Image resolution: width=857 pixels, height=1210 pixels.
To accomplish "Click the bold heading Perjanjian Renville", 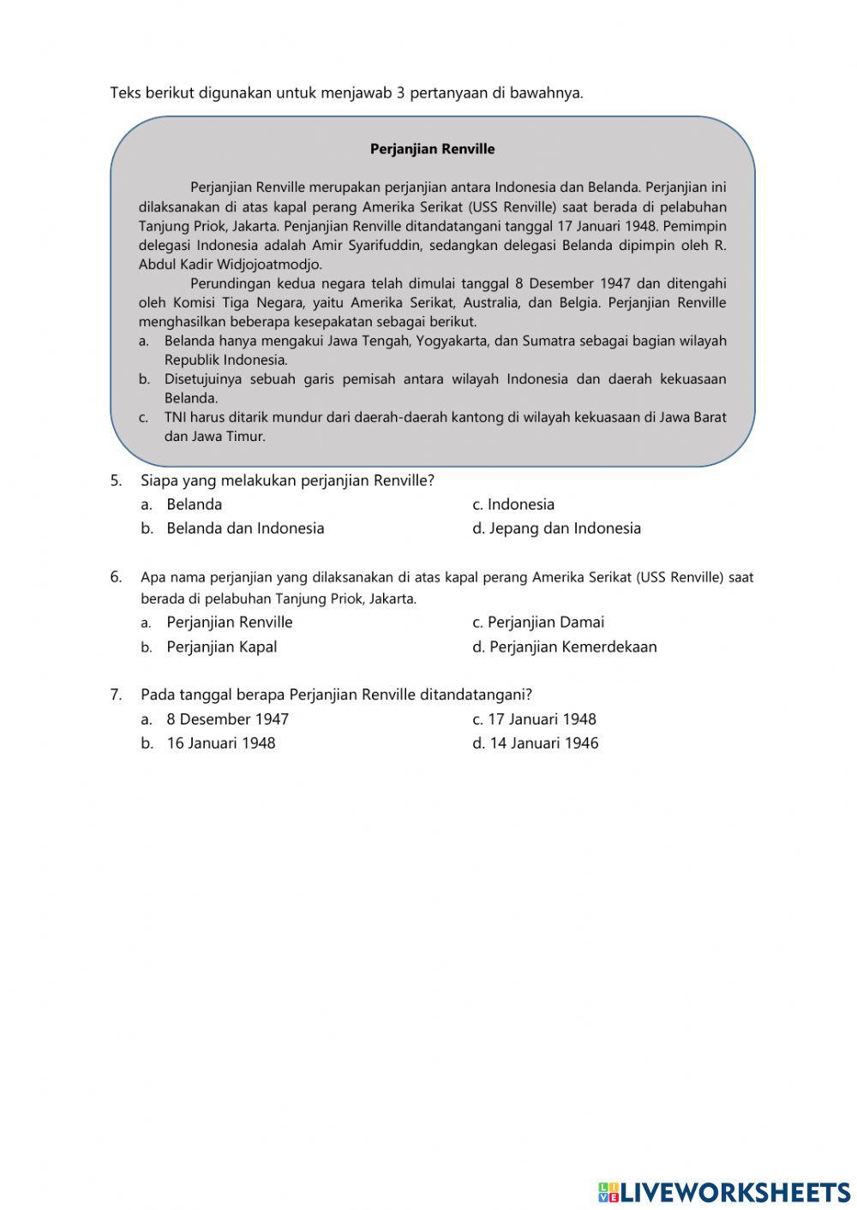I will pos(432,149).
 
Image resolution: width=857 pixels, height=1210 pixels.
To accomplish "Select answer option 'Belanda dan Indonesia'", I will pos(244,528).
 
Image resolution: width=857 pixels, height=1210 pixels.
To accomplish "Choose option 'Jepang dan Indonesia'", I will pos(564,528).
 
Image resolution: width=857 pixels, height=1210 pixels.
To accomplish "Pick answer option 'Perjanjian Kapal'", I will pos(221,647).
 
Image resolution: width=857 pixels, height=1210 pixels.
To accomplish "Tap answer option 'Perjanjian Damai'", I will pos(545,623).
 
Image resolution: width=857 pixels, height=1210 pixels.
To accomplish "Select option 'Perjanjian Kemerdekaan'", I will pos(572,647).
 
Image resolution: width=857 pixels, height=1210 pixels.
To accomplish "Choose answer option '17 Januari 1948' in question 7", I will pos(541,719).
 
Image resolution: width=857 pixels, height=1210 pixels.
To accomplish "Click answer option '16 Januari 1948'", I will pos(220,743).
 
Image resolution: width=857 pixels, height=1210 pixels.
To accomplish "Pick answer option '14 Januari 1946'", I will pos(542,743).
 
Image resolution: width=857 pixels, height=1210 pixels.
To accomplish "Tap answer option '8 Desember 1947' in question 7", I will pos(227,719).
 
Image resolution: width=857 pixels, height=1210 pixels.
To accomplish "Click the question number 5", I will pos(116,480).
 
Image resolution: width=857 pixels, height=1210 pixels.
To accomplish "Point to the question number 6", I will pos(116,576).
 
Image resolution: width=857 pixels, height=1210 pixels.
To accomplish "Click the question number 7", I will pos(116,694).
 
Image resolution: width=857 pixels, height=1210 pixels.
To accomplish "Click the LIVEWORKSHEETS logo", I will pos(723,1191).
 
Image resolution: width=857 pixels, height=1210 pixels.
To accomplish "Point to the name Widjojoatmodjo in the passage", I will pos(269,265).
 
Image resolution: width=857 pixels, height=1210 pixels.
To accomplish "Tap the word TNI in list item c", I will pos(176,417).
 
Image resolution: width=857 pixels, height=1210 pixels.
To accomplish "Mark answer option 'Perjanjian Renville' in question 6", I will pos(229,623).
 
